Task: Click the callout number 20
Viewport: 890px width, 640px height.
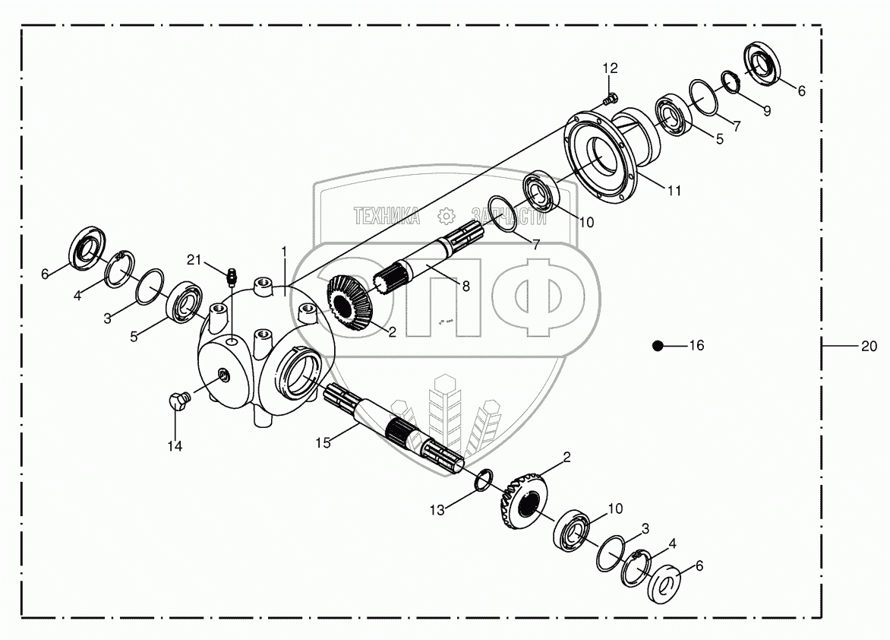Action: point(869,346)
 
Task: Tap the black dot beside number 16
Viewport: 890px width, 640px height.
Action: point(658,346)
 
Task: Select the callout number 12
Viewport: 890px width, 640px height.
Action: point(611,68)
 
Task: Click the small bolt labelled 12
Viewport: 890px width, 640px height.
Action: point(610,98)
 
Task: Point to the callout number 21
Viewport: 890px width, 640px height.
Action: point(195,261)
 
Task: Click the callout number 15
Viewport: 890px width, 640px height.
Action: point(323,442)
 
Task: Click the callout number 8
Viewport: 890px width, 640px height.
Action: point(466,286)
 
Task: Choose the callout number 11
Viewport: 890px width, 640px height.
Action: point(674,192)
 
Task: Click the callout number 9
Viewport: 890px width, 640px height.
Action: point(766,111)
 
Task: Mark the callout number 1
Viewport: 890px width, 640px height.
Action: point(284,250)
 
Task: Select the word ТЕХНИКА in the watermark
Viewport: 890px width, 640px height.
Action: point(387,216)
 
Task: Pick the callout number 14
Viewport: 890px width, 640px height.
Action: point(175,447)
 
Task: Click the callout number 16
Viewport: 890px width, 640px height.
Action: point(696,346)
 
